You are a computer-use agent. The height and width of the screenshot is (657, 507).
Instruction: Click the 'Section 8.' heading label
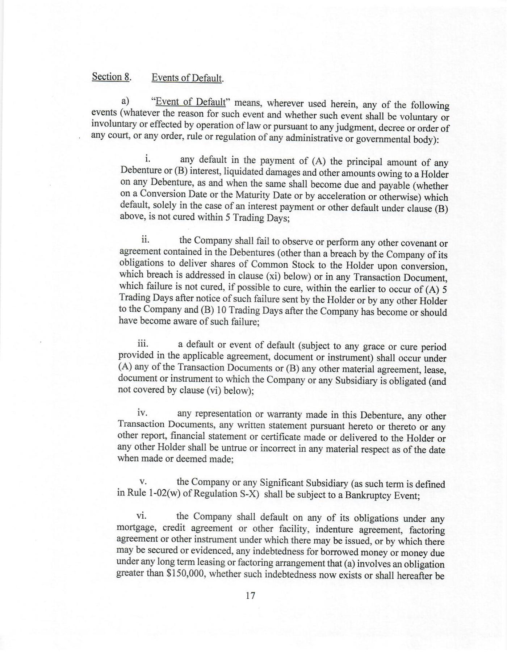(111, 77)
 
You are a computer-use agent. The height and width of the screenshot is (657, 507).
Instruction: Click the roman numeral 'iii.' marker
(143, 343)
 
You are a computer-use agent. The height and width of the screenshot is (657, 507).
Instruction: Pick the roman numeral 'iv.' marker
(142, 413)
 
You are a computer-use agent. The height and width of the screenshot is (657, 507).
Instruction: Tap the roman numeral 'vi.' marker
(142, 516)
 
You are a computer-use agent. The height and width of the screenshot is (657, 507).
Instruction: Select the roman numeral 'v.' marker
(142, 482)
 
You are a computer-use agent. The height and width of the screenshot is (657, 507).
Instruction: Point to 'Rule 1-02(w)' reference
(153, 494)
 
